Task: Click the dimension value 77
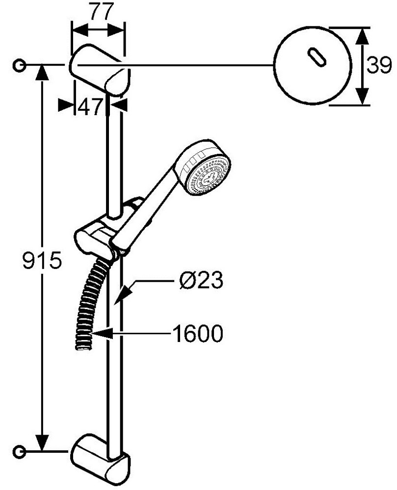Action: pos(99,12)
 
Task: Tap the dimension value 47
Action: pos(90,107)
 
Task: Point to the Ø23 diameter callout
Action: pos(201,280)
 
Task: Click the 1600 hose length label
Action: pos(198,333)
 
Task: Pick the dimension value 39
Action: pos(379,65)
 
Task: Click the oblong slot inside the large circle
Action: pos(317,57)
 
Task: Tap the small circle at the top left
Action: pos(20,66)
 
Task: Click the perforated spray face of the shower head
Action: pos(208,176)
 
